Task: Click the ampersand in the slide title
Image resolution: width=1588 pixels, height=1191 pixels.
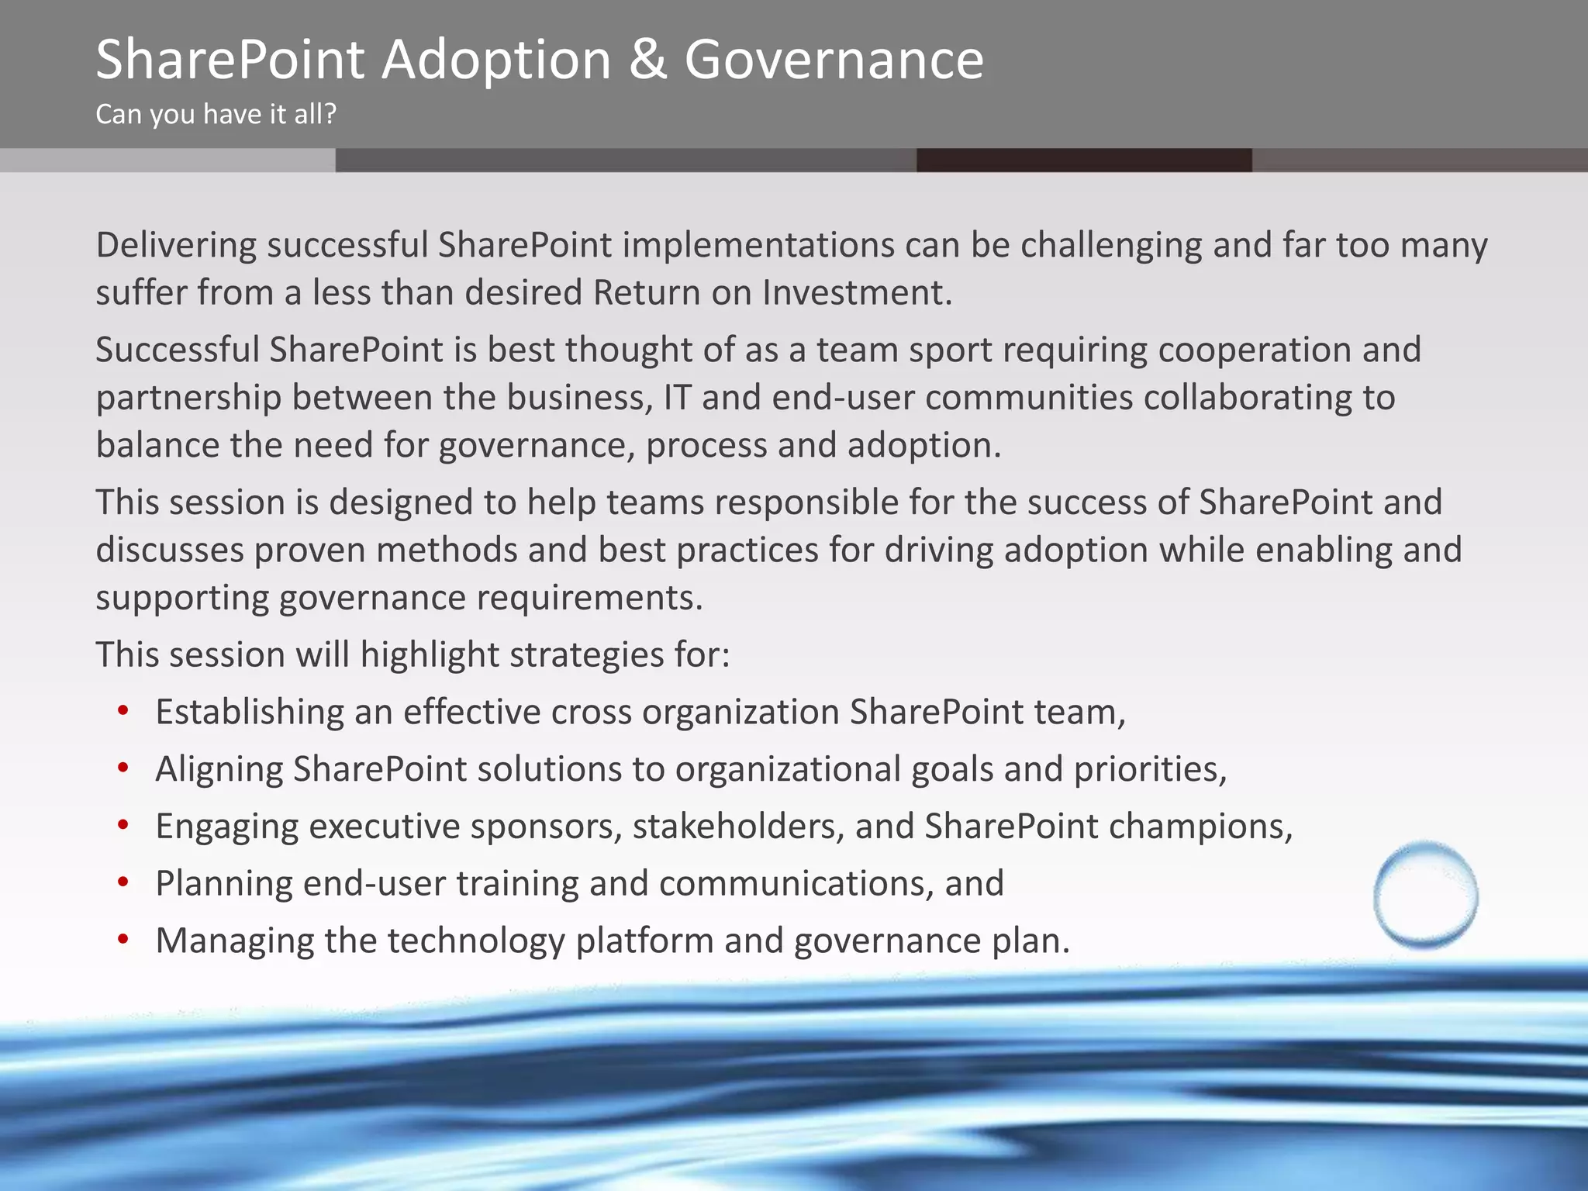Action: point(647,60)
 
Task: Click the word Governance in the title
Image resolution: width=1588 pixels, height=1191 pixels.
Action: point(834,60)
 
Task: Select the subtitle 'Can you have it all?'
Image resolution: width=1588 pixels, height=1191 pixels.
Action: point(216,115)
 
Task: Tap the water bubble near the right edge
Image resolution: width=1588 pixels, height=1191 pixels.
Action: point(1425,895)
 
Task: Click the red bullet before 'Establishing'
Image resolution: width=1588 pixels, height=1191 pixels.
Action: point(123,711)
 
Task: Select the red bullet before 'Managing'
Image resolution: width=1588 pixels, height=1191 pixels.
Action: point(123,940)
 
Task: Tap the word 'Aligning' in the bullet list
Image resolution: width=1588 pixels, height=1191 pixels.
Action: point(219,770)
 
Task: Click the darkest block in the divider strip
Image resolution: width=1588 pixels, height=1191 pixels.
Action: point(1083,160)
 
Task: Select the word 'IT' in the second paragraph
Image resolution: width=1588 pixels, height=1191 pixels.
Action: point(676,398)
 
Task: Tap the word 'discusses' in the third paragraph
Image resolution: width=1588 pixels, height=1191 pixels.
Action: point(170,551)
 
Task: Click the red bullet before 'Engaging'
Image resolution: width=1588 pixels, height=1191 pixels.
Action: point(123,826)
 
